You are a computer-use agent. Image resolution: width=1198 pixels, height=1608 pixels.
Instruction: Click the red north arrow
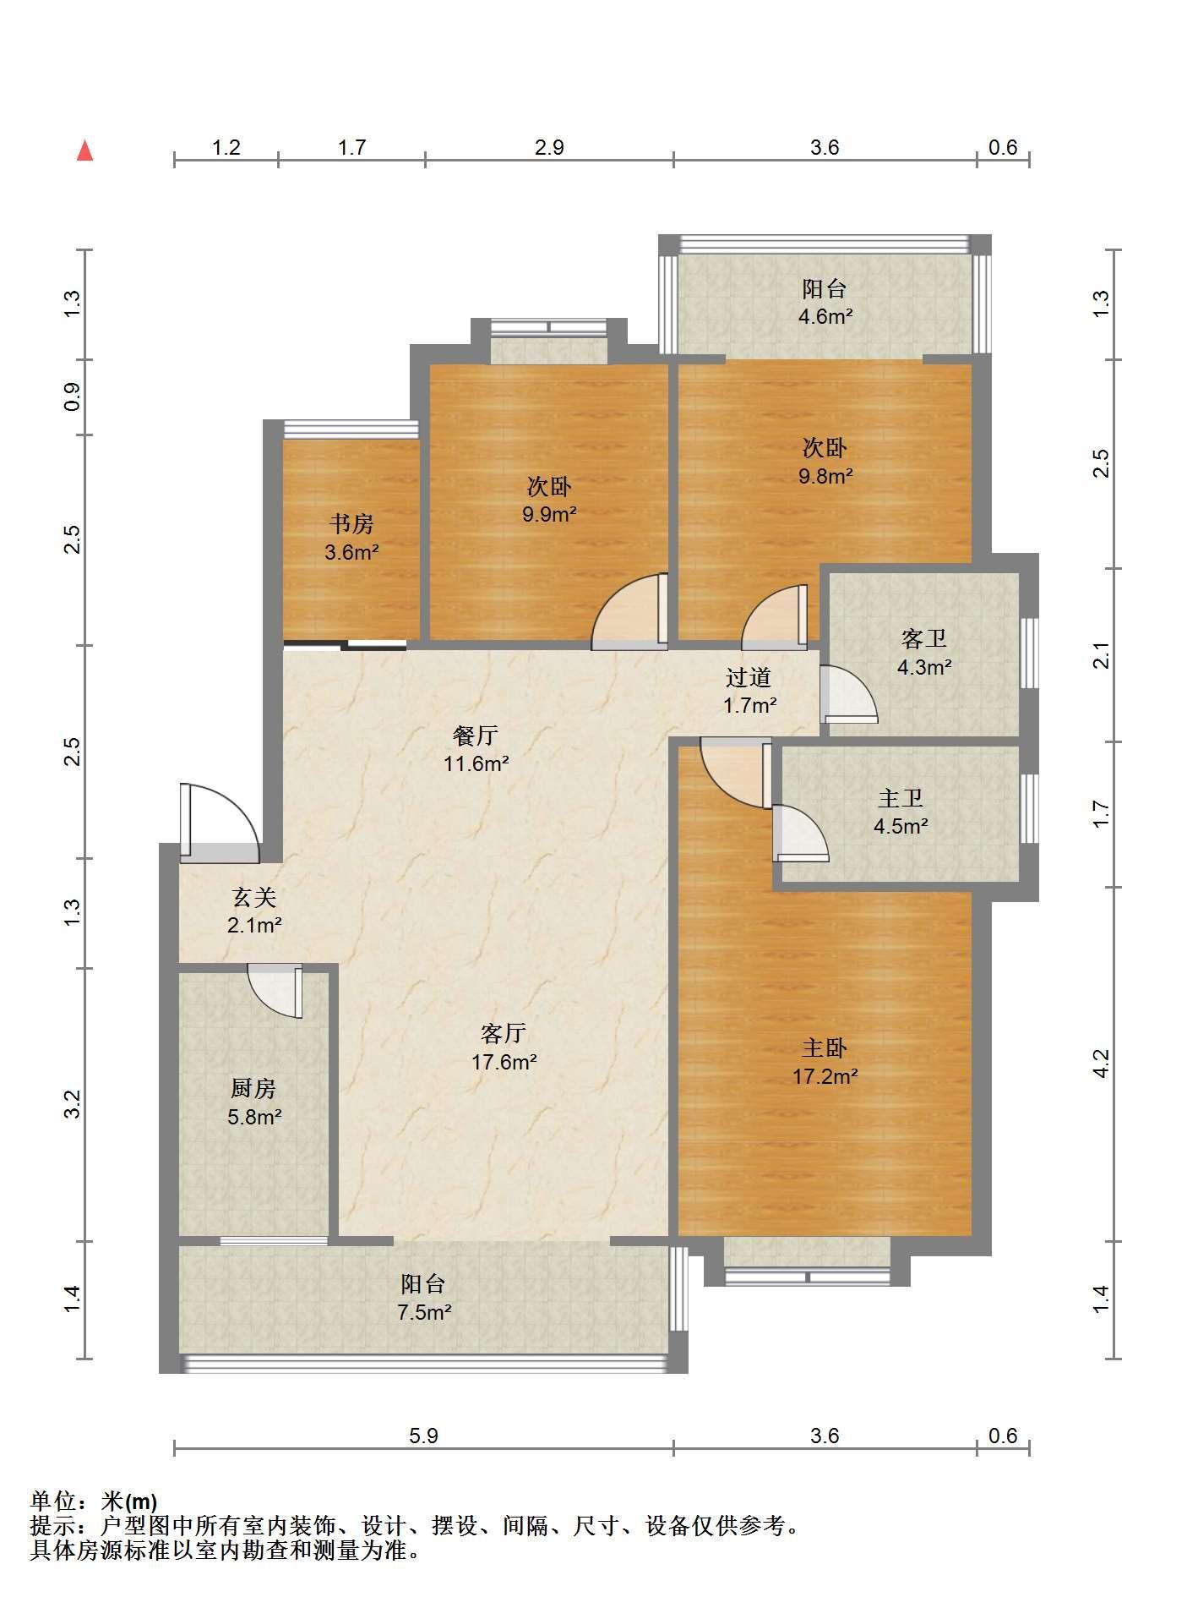tap(84, 150)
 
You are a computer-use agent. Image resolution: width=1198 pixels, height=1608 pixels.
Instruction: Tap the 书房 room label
tap(351, 524)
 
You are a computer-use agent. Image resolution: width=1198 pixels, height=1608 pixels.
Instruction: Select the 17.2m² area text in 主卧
tap(825, 1076)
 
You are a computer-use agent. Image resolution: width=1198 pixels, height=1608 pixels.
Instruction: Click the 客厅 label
tap(504, 1033)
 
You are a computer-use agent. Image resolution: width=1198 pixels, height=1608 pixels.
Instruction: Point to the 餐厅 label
tap(476, 736)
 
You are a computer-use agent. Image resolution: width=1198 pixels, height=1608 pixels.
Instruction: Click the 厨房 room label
tap(253, 1088)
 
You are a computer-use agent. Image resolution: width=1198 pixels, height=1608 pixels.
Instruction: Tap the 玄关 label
tap(254, 897)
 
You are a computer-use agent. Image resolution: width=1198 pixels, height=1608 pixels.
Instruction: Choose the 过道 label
tap(749, 677)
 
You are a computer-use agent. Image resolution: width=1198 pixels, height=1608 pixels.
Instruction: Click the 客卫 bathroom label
tap(923, 638)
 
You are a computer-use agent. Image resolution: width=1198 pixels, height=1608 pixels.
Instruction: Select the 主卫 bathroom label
tap(901, 798)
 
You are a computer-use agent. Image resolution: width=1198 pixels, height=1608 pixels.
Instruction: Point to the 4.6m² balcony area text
tap(825, 317)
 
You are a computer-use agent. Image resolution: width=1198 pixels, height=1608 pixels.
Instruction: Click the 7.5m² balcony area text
tap(424, 1313)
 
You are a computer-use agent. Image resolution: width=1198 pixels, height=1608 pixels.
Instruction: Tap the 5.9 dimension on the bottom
tap(423, 1436)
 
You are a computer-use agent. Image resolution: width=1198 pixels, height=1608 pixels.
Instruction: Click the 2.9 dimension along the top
tap(549, 148)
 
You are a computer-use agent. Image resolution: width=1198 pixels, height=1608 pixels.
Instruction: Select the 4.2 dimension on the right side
tap(1100, 1064)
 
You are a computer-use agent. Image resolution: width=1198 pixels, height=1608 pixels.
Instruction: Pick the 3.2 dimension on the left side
tap(73, 1104)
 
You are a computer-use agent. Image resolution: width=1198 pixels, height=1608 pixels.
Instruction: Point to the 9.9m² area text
tap(549, 514)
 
